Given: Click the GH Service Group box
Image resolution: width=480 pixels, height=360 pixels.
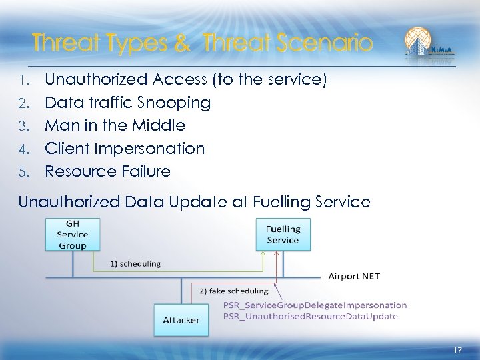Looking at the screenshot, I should coord(72,235).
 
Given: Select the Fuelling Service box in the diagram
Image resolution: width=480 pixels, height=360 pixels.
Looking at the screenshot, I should coord(283,235).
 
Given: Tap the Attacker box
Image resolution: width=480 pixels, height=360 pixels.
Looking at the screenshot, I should coord(181,320).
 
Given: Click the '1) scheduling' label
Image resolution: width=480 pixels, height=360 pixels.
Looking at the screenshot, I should coord(135,263).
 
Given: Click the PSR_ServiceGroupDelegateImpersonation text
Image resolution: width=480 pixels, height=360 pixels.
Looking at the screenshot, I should coord(315,305).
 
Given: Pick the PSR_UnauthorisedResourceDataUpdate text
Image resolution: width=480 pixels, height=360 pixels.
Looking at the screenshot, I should coord(311,316).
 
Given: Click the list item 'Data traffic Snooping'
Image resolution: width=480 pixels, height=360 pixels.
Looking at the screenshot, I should coord(127,103).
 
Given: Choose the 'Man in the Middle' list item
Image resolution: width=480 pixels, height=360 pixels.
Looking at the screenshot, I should coord(115,125).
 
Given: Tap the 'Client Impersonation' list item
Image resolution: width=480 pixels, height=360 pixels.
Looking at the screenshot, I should coord(125,148).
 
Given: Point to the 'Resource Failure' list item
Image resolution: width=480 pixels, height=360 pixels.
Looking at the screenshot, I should coord(107,171).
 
